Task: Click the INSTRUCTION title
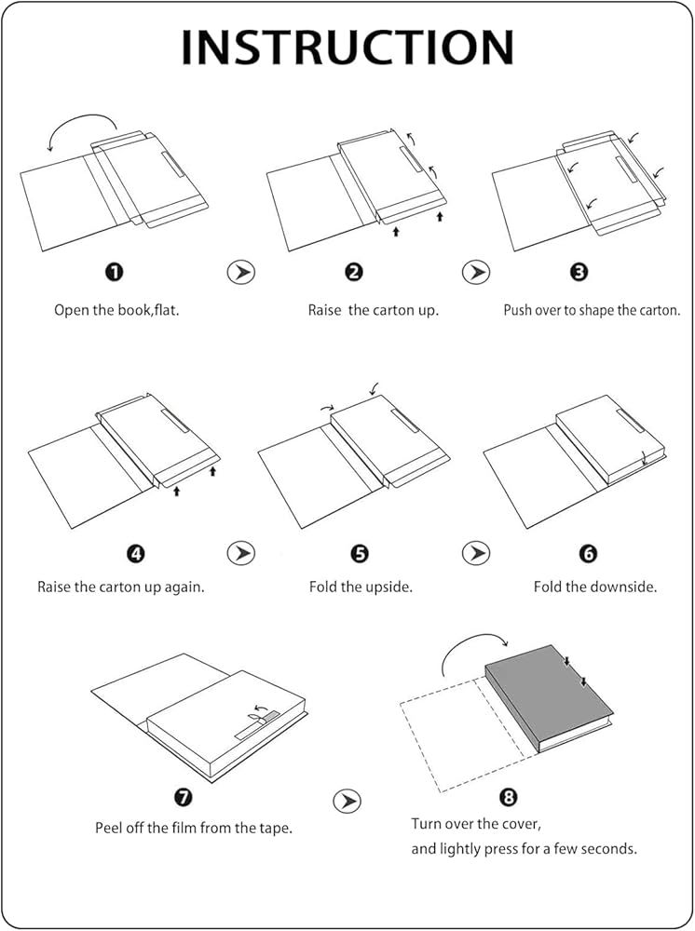point(347,47)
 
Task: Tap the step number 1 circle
point(115,272)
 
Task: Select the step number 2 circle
point(353,272)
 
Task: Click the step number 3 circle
point(579,272)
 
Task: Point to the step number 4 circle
point(136,554)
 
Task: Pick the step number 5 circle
point(360,554)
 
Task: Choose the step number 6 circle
point(588,554)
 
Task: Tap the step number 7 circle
point(183,797)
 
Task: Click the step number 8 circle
point(509,797)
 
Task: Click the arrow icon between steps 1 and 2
point(240,273)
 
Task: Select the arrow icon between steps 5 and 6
point(476,553)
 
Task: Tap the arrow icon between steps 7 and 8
point(347,801)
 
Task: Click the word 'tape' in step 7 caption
point(277,829)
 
